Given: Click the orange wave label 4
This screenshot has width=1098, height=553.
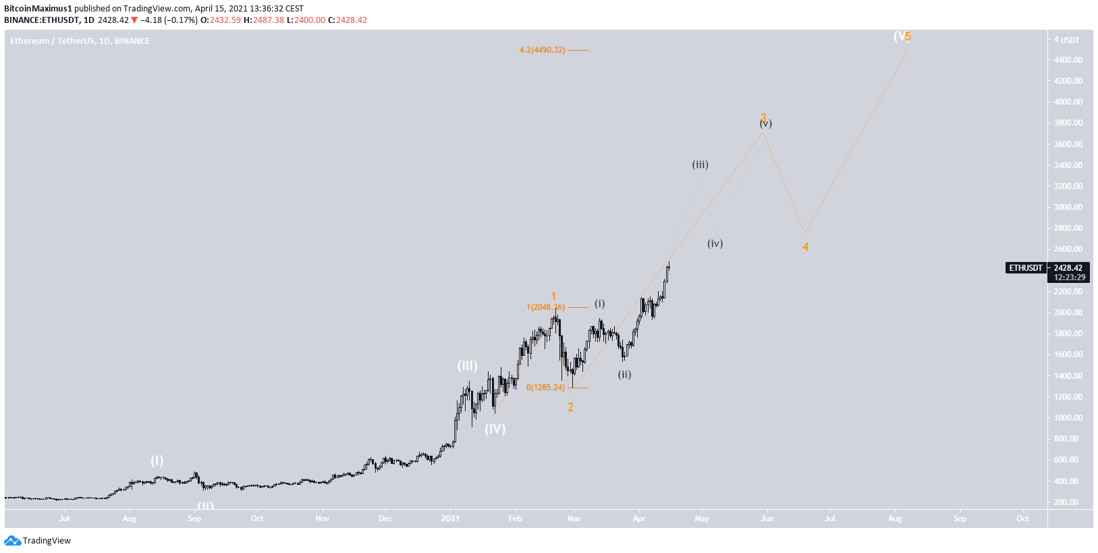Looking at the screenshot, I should (x=805, y=247).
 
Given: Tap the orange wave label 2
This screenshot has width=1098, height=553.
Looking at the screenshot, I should (x=570, y=407).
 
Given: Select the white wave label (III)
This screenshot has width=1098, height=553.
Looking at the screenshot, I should (x=467, y=366).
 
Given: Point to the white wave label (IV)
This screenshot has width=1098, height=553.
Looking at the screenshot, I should (x=495, y=429).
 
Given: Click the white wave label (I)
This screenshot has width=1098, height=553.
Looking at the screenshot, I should (x=157, y=460).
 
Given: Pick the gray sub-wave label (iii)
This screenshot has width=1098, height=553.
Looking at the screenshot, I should (x=700, y=165).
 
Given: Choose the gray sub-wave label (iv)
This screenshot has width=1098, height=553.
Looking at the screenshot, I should (x=715, y=244).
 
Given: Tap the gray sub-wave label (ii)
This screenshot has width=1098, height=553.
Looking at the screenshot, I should (x=624, y=375).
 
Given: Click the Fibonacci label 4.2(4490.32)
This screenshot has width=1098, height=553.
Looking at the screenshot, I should (x=542, y=50).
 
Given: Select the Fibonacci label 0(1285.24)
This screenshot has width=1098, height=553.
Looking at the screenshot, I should (x=545, y=388).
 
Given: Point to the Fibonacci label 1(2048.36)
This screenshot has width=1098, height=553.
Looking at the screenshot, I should (x=545, y=307).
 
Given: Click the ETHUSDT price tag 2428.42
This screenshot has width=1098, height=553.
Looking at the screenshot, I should (x=1068, y=268).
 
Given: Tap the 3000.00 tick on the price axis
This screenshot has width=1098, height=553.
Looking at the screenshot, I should (x=1068, y=207).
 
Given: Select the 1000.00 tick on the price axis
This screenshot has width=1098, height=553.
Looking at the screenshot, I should (x=1068, y=418).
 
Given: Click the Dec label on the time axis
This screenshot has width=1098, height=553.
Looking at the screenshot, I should (x=385, y=519).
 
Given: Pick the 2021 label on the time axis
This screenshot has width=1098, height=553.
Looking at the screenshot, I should (x=450, y=519).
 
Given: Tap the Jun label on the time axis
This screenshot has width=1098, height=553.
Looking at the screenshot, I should (x=767, y=519).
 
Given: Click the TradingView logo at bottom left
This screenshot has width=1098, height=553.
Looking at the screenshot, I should (x=38, y=541).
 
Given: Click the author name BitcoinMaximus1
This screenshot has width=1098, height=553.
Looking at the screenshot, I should (x=38, y=9).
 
